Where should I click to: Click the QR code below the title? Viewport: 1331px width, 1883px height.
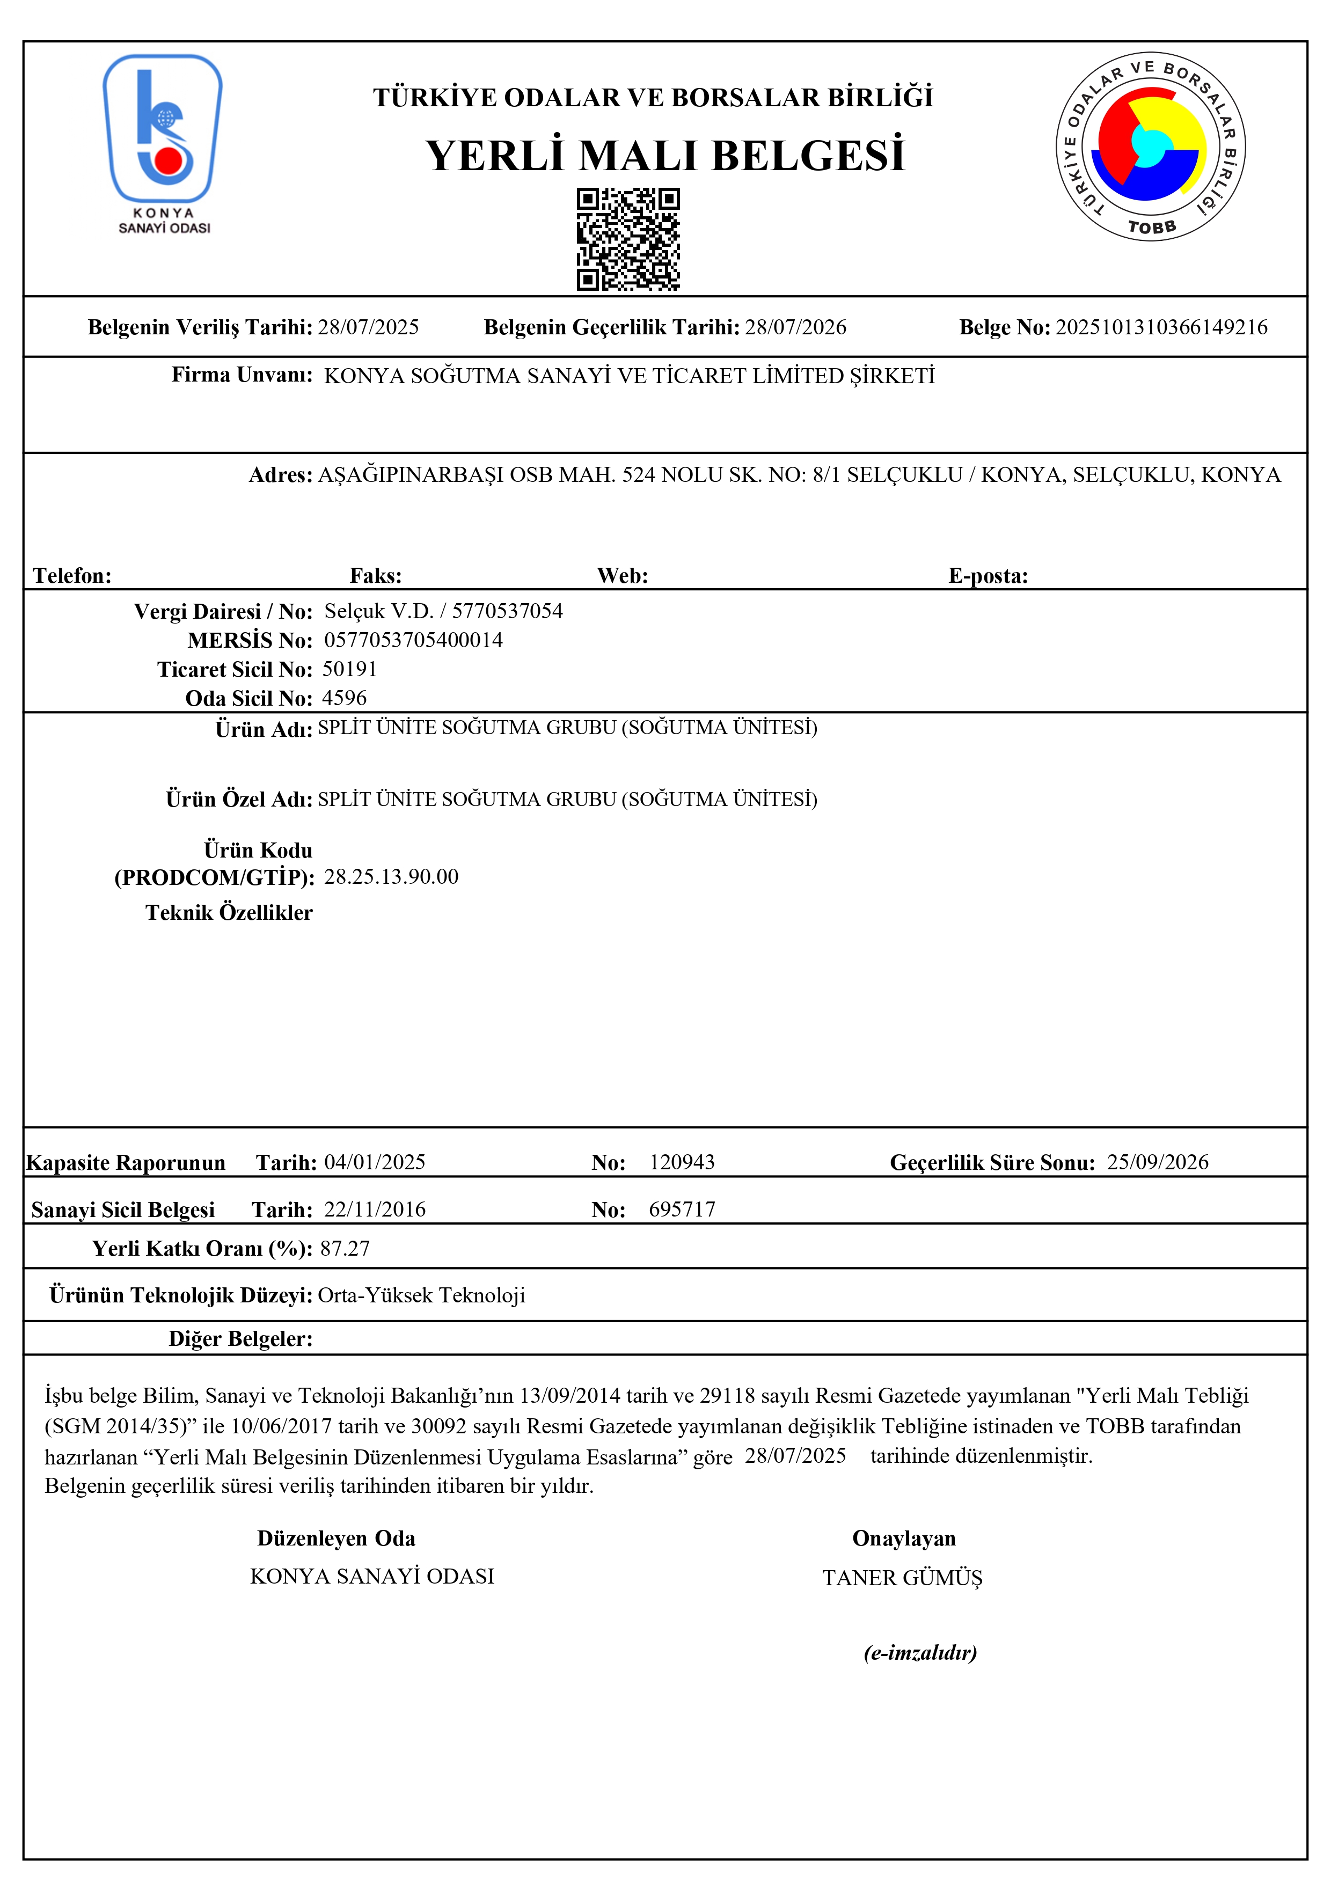(x=627, y=239)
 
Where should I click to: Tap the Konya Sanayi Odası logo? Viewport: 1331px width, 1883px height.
(x=163, y=143)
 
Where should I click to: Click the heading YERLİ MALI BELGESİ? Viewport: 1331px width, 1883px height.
(x=665, y=155)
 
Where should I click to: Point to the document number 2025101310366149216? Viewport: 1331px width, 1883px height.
(x=1160, y=327)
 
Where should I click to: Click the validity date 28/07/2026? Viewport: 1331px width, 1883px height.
(x=795, y=327)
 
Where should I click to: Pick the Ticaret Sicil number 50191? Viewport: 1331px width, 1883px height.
(x=349, y=669)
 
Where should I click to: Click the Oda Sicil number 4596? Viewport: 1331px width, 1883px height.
(x=345, y=698)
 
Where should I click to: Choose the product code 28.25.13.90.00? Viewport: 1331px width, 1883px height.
(x=391, y=877)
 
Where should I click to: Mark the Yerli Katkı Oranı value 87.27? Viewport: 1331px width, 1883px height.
(x=345, y=1248)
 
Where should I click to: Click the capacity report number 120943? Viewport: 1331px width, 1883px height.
(x=682, y=1162)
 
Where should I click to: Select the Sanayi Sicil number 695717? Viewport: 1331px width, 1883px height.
(x=682, y=1210)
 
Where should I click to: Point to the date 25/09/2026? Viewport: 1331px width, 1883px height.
(x=1157, y=1162)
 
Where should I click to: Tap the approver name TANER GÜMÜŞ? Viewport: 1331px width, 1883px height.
(x=902, y=1578)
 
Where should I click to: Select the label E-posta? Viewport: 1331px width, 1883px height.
(x=988, y=576)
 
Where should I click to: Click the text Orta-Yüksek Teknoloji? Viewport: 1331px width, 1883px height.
(x=421, y=1295)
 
